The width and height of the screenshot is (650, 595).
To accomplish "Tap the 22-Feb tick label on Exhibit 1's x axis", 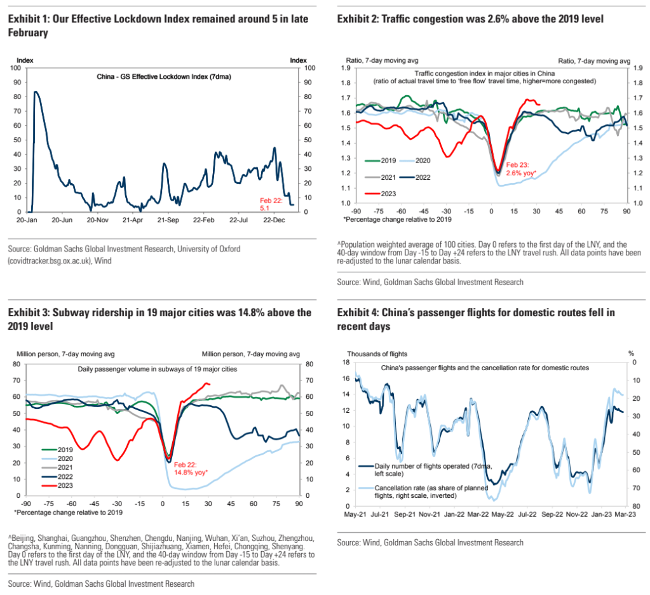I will (204, 219).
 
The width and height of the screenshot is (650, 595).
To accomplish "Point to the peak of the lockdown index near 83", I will (35, 92).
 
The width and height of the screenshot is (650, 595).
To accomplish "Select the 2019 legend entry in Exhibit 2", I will (384, 161).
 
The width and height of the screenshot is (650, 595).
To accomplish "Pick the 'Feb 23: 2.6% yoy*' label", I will (520, 168).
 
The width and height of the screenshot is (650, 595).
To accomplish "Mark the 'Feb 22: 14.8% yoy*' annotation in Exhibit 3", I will (194, 469).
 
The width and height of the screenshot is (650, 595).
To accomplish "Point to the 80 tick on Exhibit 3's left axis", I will (18, 364).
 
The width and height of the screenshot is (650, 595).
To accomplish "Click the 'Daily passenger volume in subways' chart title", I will (158, 368).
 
